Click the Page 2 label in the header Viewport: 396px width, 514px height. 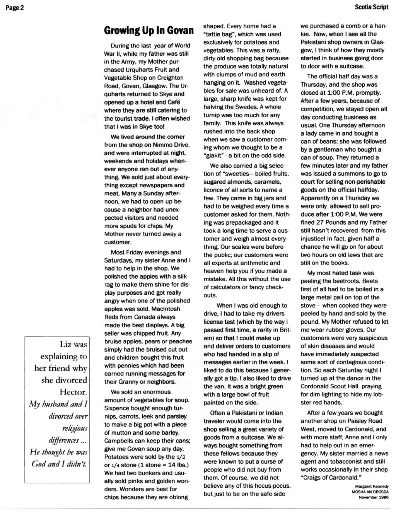pyautogui.click(x=15, y=8)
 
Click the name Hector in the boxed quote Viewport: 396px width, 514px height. pyautogui.click(x=75, y=392)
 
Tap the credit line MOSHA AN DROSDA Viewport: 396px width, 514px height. pyautogui.click(x=370, y=492)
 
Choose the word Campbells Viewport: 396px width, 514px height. pyautogui.click(x=118, y=441)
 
